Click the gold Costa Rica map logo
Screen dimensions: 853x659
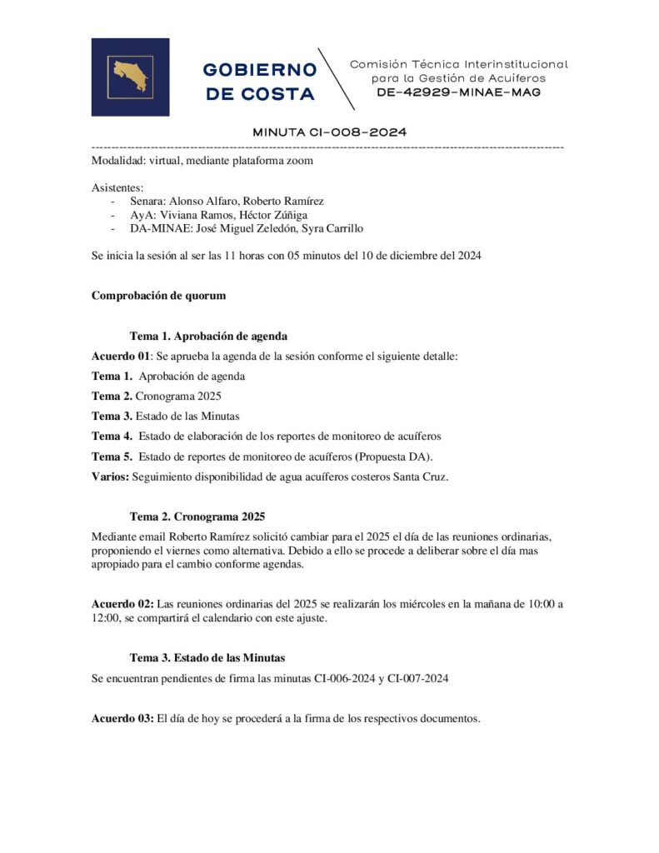(130, 77)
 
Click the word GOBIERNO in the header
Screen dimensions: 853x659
(259, 69)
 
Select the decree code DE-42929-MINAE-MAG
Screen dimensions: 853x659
(458, 92)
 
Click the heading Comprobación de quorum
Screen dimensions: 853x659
(158, 295)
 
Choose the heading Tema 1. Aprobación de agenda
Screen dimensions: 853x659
(208, 336)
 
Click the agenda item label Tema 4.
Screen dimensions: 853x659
(112, 436)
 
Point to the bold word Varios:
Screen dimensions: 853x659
(110, 476)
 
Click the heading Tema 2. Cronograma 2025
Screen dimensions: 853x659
(197, 516)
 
